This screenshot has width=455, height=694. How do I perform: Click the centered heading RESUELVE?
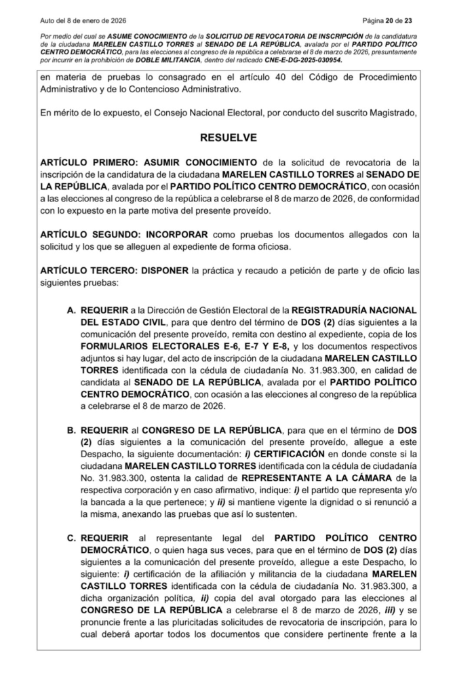click(228, 138)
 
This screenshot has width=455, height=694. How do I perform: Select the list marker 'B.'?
click(71, 430)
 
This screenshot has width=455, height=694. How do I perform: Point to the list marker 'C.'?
click(71, 538)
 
